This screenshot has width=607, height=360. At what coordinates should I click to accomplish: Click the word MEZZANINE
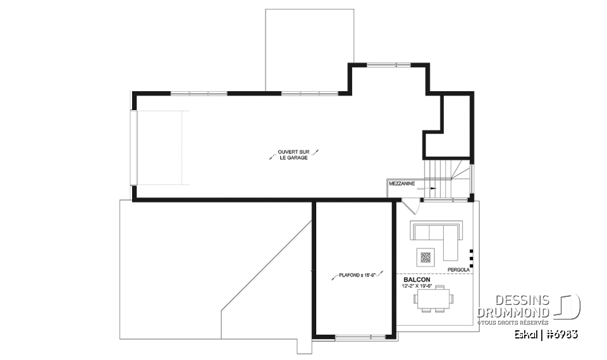pyautogui.click(x=402, y=183)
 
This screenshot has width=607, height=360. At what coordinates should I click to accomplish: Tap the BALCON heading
pyautogui.click(x=417, y=279)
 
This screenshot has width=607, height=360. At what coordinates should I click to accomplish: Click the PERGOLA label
pyautogui.click(x=458, y=269)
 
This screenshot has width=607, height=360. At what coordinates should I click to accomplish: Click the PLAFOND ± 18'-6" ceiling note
pyautogui.click(x=357, y=275)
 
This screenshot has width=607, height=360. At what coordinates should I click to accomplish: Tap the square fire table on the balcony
pyautogui.click(x=425, y=258)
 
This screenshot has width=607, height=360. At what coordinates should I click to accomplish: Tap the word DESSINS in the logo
pyautogui.click(x=522, y=301)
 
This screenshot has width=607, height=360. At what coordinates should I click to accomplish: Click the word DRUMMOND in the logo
pyautogui.click(x=513, y=313)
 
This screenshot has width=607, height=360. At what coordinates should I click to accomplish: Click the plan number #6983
pyautogui.click(x=562, y=334)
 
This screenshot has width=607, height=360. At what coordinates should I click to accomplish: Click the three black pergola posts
pyautogui.click(x=471, y=256)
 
